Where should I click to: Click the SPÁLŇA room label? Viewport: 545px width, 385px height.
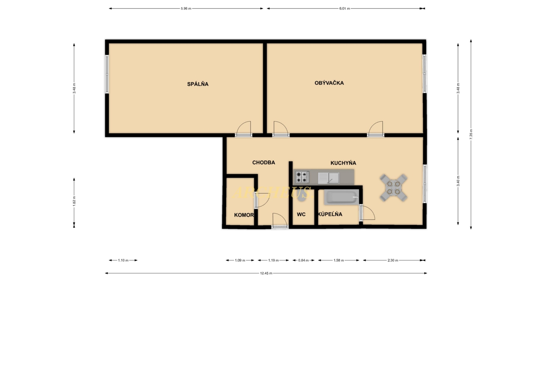click(198, 84)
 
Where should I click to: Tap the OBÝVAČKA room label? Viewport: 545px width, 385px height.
click(329, 83)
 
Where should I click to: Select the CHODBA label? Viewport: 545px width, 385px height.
click(263, 162)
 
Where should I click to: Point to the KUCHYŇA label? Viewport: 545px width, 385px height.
click(343, 163)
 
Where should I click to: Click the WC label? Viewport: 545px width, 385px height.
click(301, 214)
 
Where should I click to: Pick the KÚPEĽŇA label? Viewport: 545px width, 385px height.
click(330, 214)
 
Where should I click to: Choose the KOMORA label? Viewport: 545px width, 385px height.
click(244, 215)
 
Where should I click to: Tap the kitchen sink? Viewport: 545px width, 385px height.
click(328, 178)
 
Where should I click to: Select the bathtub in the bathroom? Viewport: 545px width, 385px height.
click(342, 197)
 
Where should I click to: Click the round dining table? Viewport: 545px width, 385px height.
click(393, 187)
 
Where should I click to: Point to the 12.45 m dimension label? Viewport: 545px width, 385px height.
click(266, 273)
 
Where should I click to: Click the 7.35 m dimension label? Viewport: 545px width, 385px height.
click(471, 134)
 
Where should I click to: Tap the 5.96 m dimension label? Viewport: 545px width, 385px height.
click(186, 8)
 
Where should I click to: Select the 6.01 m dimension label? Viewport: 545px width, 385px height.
click(344, 8)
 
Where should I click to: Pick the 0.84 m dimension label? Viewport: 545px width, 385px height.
click(303, 260)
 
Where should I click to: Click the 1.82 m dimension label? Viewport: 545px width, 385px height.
click(74, 201)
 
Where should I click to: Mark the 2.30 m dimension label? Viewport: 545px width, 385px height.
click(393, 260)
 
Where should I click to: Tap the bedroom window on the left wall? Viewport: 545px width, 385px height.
click(107, 74)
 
